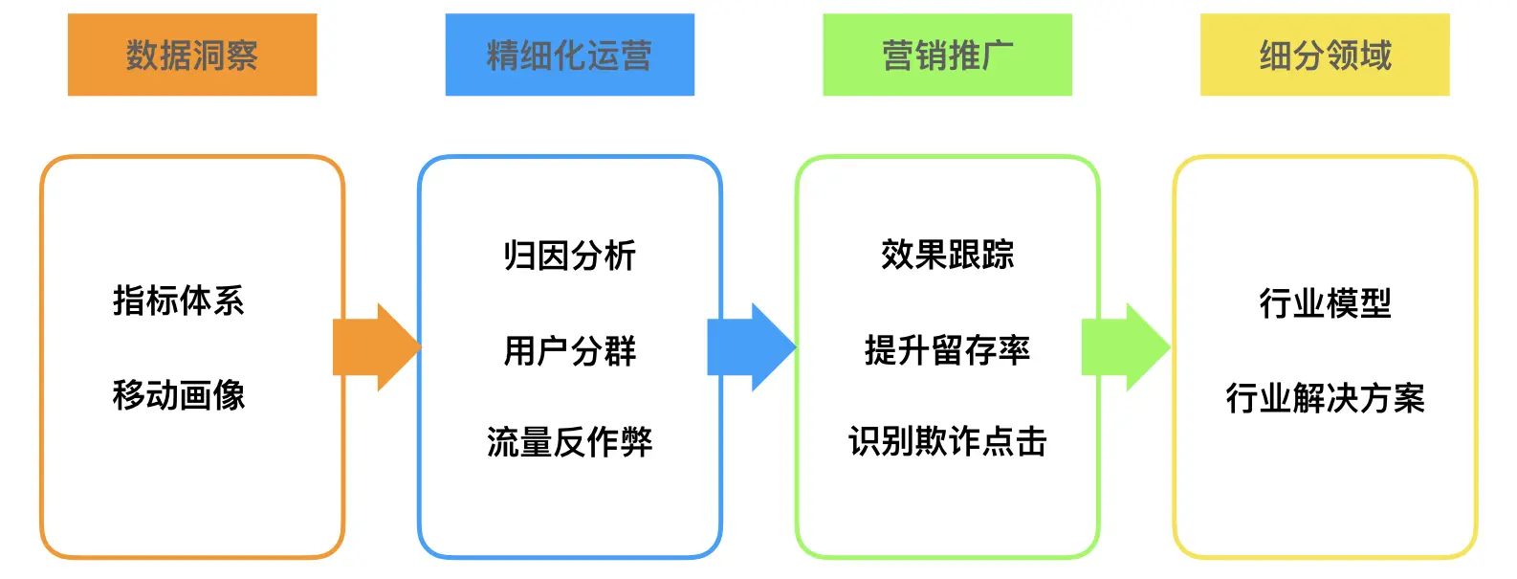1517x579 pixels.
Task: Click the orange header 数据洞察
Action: click(x=191, y=55)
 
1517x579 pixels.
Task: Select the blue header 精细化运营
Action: click(x=569, y=55)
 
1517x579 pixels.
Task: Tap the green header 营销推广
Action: click(x=947, y=55)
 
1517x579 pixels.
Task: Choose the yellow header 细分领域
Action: click(x=1325, y=55)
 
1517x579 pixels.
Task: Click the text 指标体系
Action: click(x=179, y=301)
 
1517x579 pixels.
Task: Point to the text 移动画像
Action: click(x=179, y=394)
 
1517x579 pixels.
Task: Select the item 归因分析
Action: click(x=569, y=256)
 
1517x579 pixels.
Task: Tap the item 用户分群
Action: click(x=569, y=350)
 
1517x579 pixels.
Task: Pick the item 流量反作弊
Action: click(x=569, y=442)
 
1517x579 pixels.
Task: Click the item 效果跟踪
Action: click(x=947, y=255)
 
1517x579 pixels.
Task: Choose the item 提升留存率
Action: click(x=947, y=350)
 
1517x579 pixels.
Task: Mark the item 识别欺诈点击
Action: click(x=947, y=441)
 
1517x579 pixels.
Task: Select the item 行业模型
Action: click(x=1325, y=303)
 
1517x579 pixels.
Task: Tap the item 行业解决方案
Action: click(x=1325, y=397)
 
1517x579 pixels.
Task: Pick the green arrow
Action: click(x=1125, y=347)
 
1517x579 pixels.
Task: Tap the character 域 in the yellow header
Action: click(x=1375, y=56)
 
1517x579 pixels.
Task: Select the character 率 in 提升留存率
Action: click(x=1014, y=350)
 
